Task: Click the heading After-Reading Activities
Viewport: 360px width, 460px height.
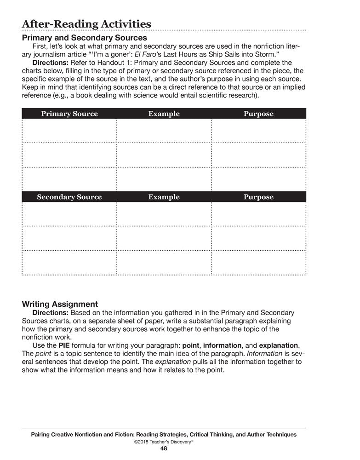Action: coord(86,24)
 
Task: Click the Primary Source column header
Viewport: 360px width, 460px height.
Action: coord(69,114)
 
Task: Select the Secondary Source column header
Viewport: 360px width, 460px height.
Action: coord(69,197)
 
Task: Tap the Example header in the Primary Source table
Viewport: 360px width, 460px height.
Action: coord(164,114)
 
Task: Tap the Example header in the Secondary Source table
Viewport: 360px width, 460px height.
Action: coord(164,197)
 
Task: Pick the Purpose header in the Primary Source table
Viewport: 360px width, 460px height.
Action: coord(258,114)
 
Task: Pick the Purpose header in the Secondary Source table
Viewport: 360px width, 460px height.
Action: coord(258,197)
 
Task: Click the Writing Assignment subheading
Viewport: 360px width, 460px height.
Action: coord(60,304)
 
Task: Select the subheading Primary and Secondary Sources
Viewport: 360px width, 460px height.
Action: coord(85,38)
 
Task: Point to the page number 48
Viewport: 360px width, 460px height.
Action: coord(164,448)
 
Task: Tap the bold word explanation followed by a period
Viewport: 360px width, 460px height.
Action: coord(279,345)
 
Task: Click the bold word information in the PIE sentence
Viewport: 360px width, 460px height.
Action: coord(222,345)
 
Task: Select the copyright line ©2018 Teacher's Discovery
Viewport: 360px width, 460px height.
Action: coord(163,441)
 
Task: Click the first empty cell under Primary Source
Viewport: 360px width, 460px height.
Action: coord(69,131)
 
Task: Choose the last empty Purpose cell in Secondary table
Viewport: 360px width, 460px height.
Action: coord(258,263)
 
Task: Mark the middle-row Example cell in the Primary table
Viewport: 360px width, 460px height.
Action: coord(164,155)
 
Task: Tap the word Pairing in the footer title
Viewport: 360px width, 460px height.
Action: coord(43,434)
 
